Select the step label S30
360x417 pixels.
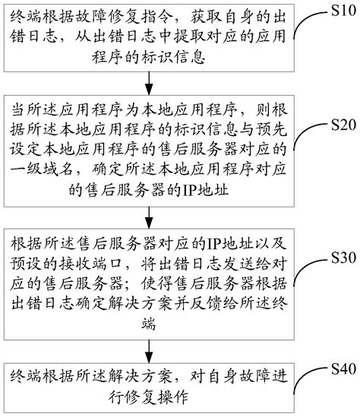click(335, 258)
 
